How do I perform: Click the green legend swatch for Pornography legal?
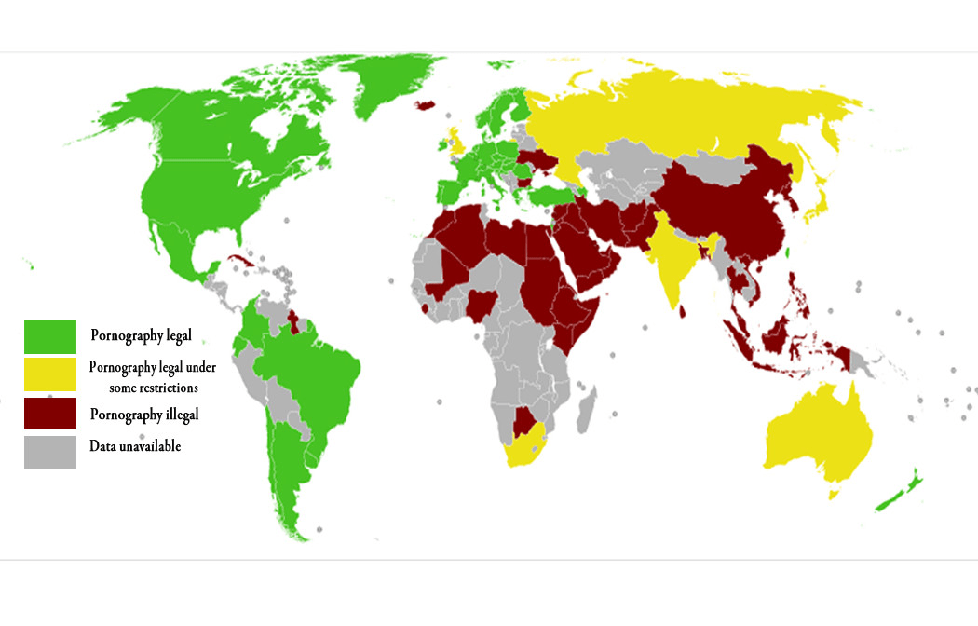[50, 336]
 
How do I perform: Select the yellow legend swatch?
[50, 374]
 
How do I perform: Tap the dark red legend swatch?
[50, 413]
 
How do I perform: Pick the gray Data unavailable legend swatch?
[50, 452]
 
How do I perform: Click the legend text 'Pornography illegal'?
[144, 414]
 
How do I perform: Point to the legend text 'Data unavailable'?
[135, 446]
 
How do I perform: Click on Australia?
[820, 438]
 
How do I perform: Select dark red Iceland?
[428, 104]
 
